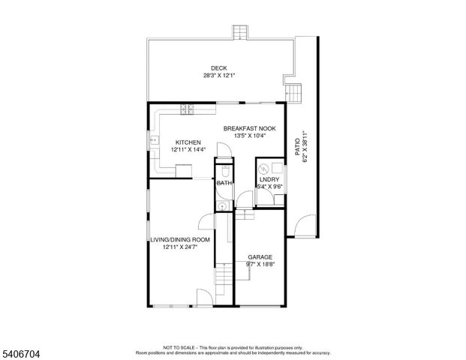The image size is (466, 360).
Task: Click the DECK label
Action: pyautogui.click(x=218, y=68)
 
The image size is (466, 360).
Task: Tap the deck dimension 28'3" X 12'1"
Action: pyautogui.click(x=218, y=76)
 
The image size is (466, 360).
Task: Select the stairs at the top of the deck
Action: pyautogui.click(x=240, y=33)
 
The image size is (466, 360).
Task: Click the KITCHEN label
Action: pyautogui.click(x=188, y=142)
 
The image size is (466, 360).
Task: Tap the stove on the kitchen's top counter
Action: pyautogui.click(x=186, y=111)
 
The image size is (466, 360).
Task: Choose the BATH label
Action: pyautogui.click(x=224, y=183)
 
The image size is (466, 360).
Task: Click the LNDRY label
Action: pyautogui.click(x=269, y=179)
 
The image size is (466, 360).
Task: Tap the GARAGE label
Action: pyautogui.click(x=260, y=256)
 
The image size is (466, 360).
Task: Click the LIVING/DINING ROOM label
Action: pyautogui.click(x=179, y=239)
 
